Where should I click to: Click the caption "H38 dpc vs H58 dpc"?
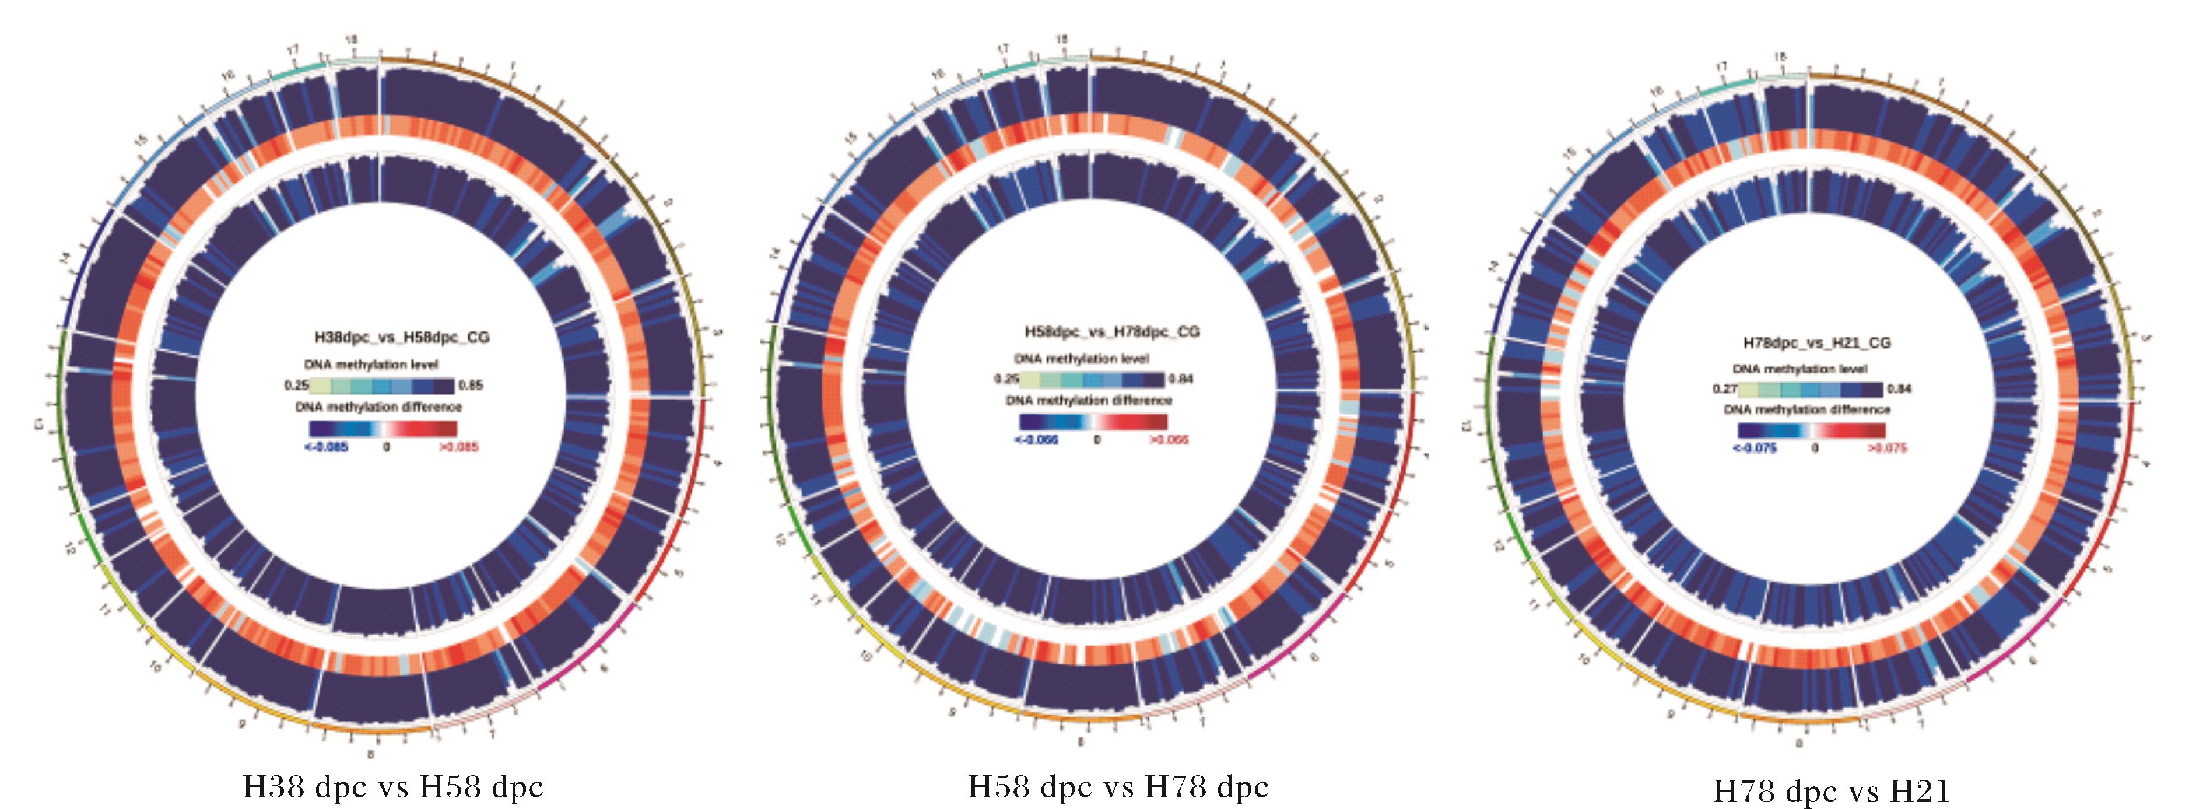click(x=392, y=786)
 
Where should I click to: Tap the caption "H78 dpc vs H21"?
click(x=1830, y=791)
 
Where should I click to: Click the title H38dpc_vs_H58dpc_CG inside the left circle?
click(x=402, y=337)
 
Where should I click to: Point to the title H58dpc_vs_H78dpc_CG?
click(x=1113, y=331)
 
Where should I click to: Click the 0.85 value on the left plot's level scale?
click(x=471, y=385)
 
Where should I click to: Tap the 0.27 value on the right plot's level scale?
click(x=1725, y=389)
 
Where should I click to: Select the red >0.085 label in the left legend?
click(x=459, y=447)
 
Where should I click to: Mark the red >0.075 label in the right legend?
click(x=1886, y=448)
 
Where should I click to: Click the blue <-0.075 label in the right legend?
click(x=1755, y=448)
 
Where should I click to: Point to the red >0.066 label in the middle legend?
click(x=1169, y=440)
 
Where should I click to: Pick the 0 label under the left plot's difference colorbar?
click(x=387, y=447)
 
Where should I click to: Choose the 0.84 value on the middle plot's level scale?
click(x=1181, y=379)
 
